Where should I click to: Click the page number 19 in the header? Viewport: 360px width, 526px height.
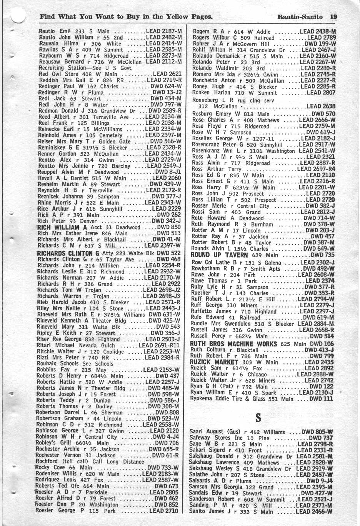point(333,17)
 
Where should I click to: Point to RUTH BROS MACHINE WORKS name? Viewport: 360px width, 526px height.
point(233,344)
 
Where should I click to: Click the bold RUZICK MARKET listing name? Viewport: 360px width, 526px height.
point(214,362)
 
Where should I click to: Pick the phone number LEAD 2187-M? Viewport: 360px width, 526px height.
point(164,31)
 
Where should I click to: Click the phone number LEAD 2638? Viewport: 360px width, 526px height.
point(321,107)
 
